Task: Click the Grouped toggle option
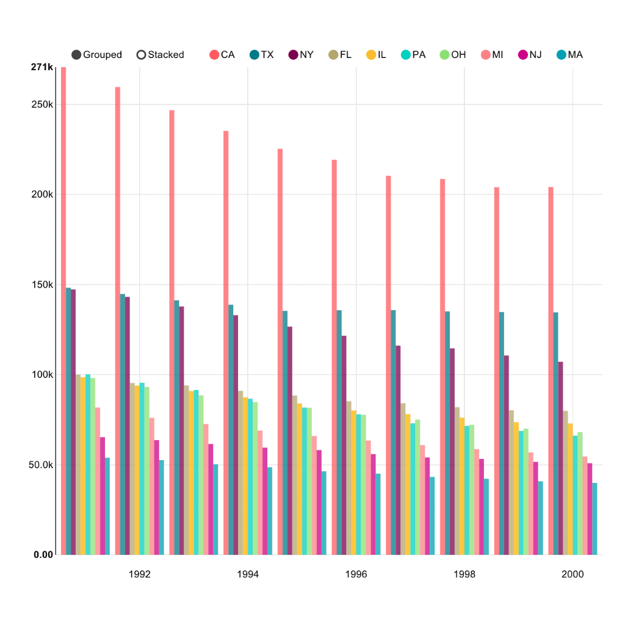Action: point(96,55)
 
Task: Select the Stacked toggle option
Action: point(159,55)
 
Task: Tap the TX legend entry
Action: point(261,55)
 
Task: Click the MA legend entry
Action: point(569,55)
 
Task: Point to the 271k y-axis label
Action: point(42,67)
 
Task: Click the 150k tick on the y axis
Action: point(42,284)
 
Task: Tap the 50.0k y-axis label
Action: point(40,464)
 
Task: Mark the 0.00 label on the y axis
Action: point(43,554)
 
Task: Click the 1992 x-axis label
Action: point(139,574)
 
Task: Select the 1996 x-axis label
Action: point(356,574)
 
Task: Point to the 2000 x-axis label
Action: point(573,574)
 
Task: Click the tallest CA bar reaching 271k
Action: point(63,305)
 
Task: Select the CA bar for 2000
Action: point(551,366)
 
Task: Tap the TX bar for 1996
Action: point(339,427)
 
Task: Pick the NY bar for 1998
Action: point(452,452)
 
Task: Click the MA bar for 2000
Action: point(594,519)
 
